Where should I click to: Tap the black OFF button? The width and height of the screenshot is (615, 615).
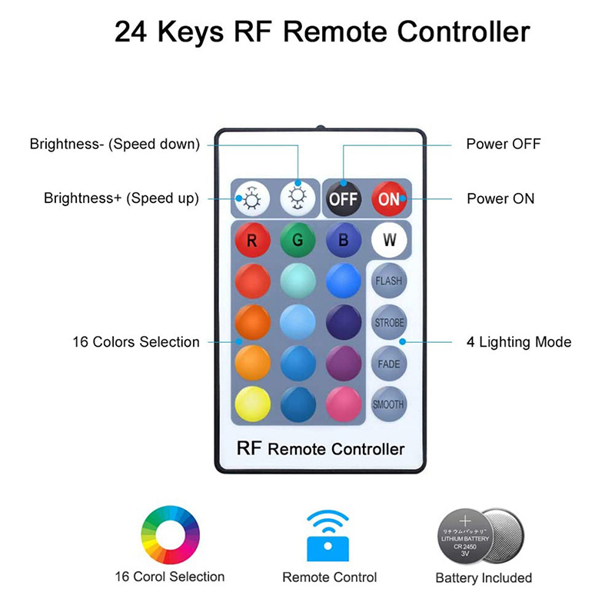tap(343, 199)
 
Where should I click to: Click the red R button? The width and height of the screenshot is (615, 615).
tap(252, 240)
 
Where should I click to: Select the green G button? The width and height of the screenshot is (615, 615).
tap(298, 240)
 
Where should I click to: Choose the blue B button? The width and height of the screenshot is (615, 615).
tap(343, 240)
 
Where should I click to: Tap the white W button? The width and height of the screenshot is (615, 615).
tap(389, 240)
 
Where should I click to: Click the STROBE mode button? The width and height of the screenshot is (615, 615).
tap(389, 323)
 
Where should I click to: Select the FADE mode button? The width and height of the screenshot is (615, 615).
tap(389, 364)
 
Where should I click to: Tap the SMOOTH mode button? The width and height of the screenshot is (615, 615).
tap(389, 404)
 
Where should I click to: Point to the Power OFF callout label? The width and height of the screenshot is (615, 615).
tap(504, 144)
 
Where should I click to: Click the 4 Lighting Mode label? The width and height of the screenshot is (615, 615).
tap(519, 342)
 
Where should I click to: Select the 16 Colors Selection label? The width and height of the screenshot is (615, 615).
tap(136, 342)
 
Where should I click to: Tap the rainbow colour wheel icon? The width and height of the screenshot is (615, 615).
tap(170, 535)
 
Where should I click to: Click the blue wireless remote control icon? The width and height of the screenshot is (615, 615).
tap(329, 535)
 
